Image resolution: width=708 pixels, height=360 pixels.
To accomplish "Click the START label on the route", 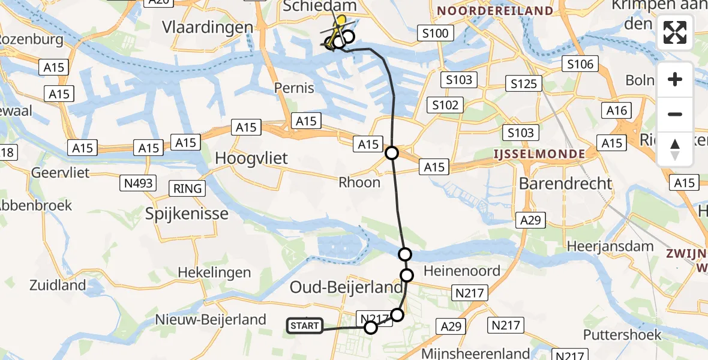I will pos(305,326).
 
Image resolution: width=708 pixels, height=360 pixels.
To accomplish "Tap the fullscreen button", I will pos(675,32).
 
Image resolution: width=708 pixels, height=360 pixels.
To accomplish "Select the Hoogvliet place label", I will pos(251,159).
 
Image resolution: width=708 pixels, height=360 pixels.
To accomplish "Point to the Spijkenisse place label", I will pos(187,214).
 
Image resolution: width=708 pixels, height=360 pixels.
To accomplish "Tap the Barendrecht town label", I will pos(566,183).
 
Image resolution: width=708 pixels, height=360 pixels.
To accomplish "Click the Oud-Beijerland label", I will pos(346,287).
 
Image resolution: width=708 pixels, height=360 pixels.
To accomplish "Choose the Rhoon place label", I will pos(359,182).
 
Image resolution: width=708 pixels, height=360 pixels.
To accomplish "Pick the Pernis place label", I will pos(294,88).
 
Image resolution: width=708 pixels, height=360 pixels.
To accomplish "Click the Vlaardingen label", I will pos(208,28).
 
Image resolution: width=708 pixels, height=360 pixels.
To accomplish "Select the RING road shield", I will pos(187,188).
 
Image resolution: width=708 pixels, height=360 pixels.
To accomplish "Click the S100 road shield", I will pos(435,33).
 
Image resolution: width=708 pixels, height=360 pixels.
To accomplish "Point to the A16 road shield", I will pos(616,110).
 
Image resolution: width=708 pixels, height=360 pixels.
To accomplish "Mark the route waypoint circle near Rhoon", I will pos(392,153).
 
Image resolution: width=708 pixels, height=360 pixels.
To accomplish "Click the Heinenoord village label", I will pos(462,271).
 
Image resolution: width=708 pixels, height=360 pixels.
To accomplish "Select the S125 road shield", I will pos(523,83).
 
